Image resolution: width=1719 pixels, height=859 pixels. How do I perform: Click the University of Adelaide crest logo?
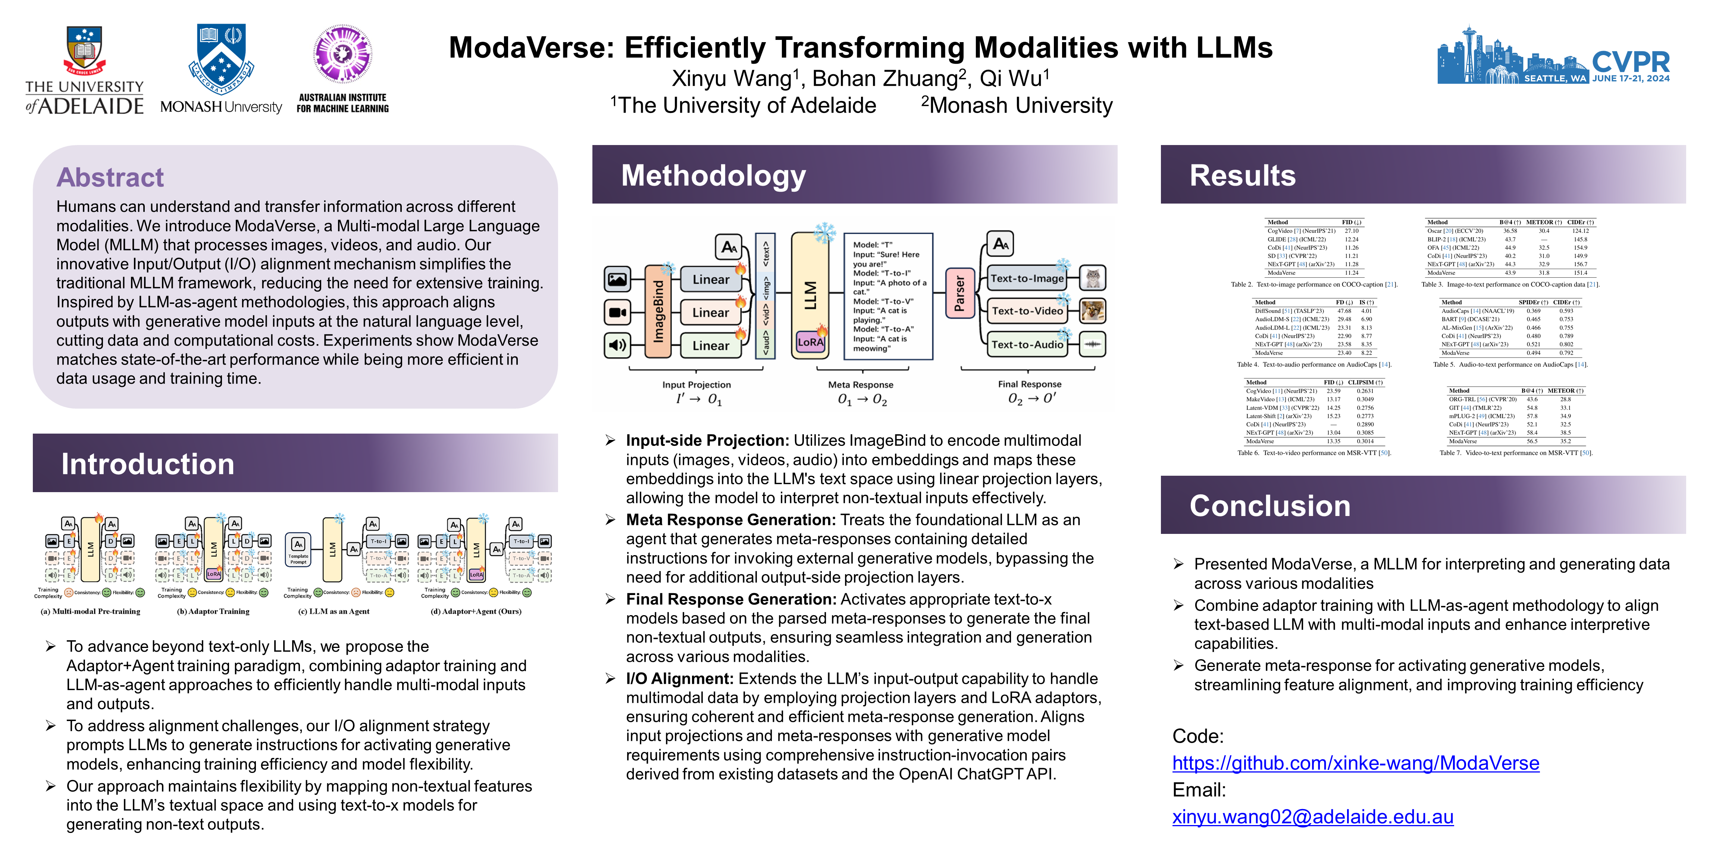[84, 50]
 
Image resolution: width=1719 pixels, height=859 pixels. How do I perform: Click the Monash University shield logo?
[221, 58]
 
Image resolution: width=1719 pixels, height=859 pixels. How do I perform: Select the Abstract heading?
[110, 177]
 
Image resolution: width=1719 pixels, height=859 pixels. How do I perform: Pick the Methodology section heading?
[713, 175]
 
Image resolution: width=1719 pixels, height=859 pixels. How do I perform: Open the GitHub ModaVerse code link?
[1355, 763]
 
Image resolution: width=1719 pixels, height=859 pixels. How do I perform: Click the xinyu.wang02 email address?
[1313, 817]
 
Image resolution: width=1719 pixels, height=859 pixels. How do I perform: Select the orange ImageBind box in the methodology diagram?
[658, 311]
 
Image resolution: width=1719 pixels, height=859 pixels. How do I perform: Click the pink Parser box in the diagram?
[959, 293]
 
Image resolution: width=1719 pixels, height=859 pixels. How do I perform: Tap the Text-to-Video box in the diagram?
[1027, 311]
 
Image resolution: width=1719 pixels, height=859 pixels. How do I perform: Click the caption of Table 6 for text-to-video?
[1314, 453]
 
